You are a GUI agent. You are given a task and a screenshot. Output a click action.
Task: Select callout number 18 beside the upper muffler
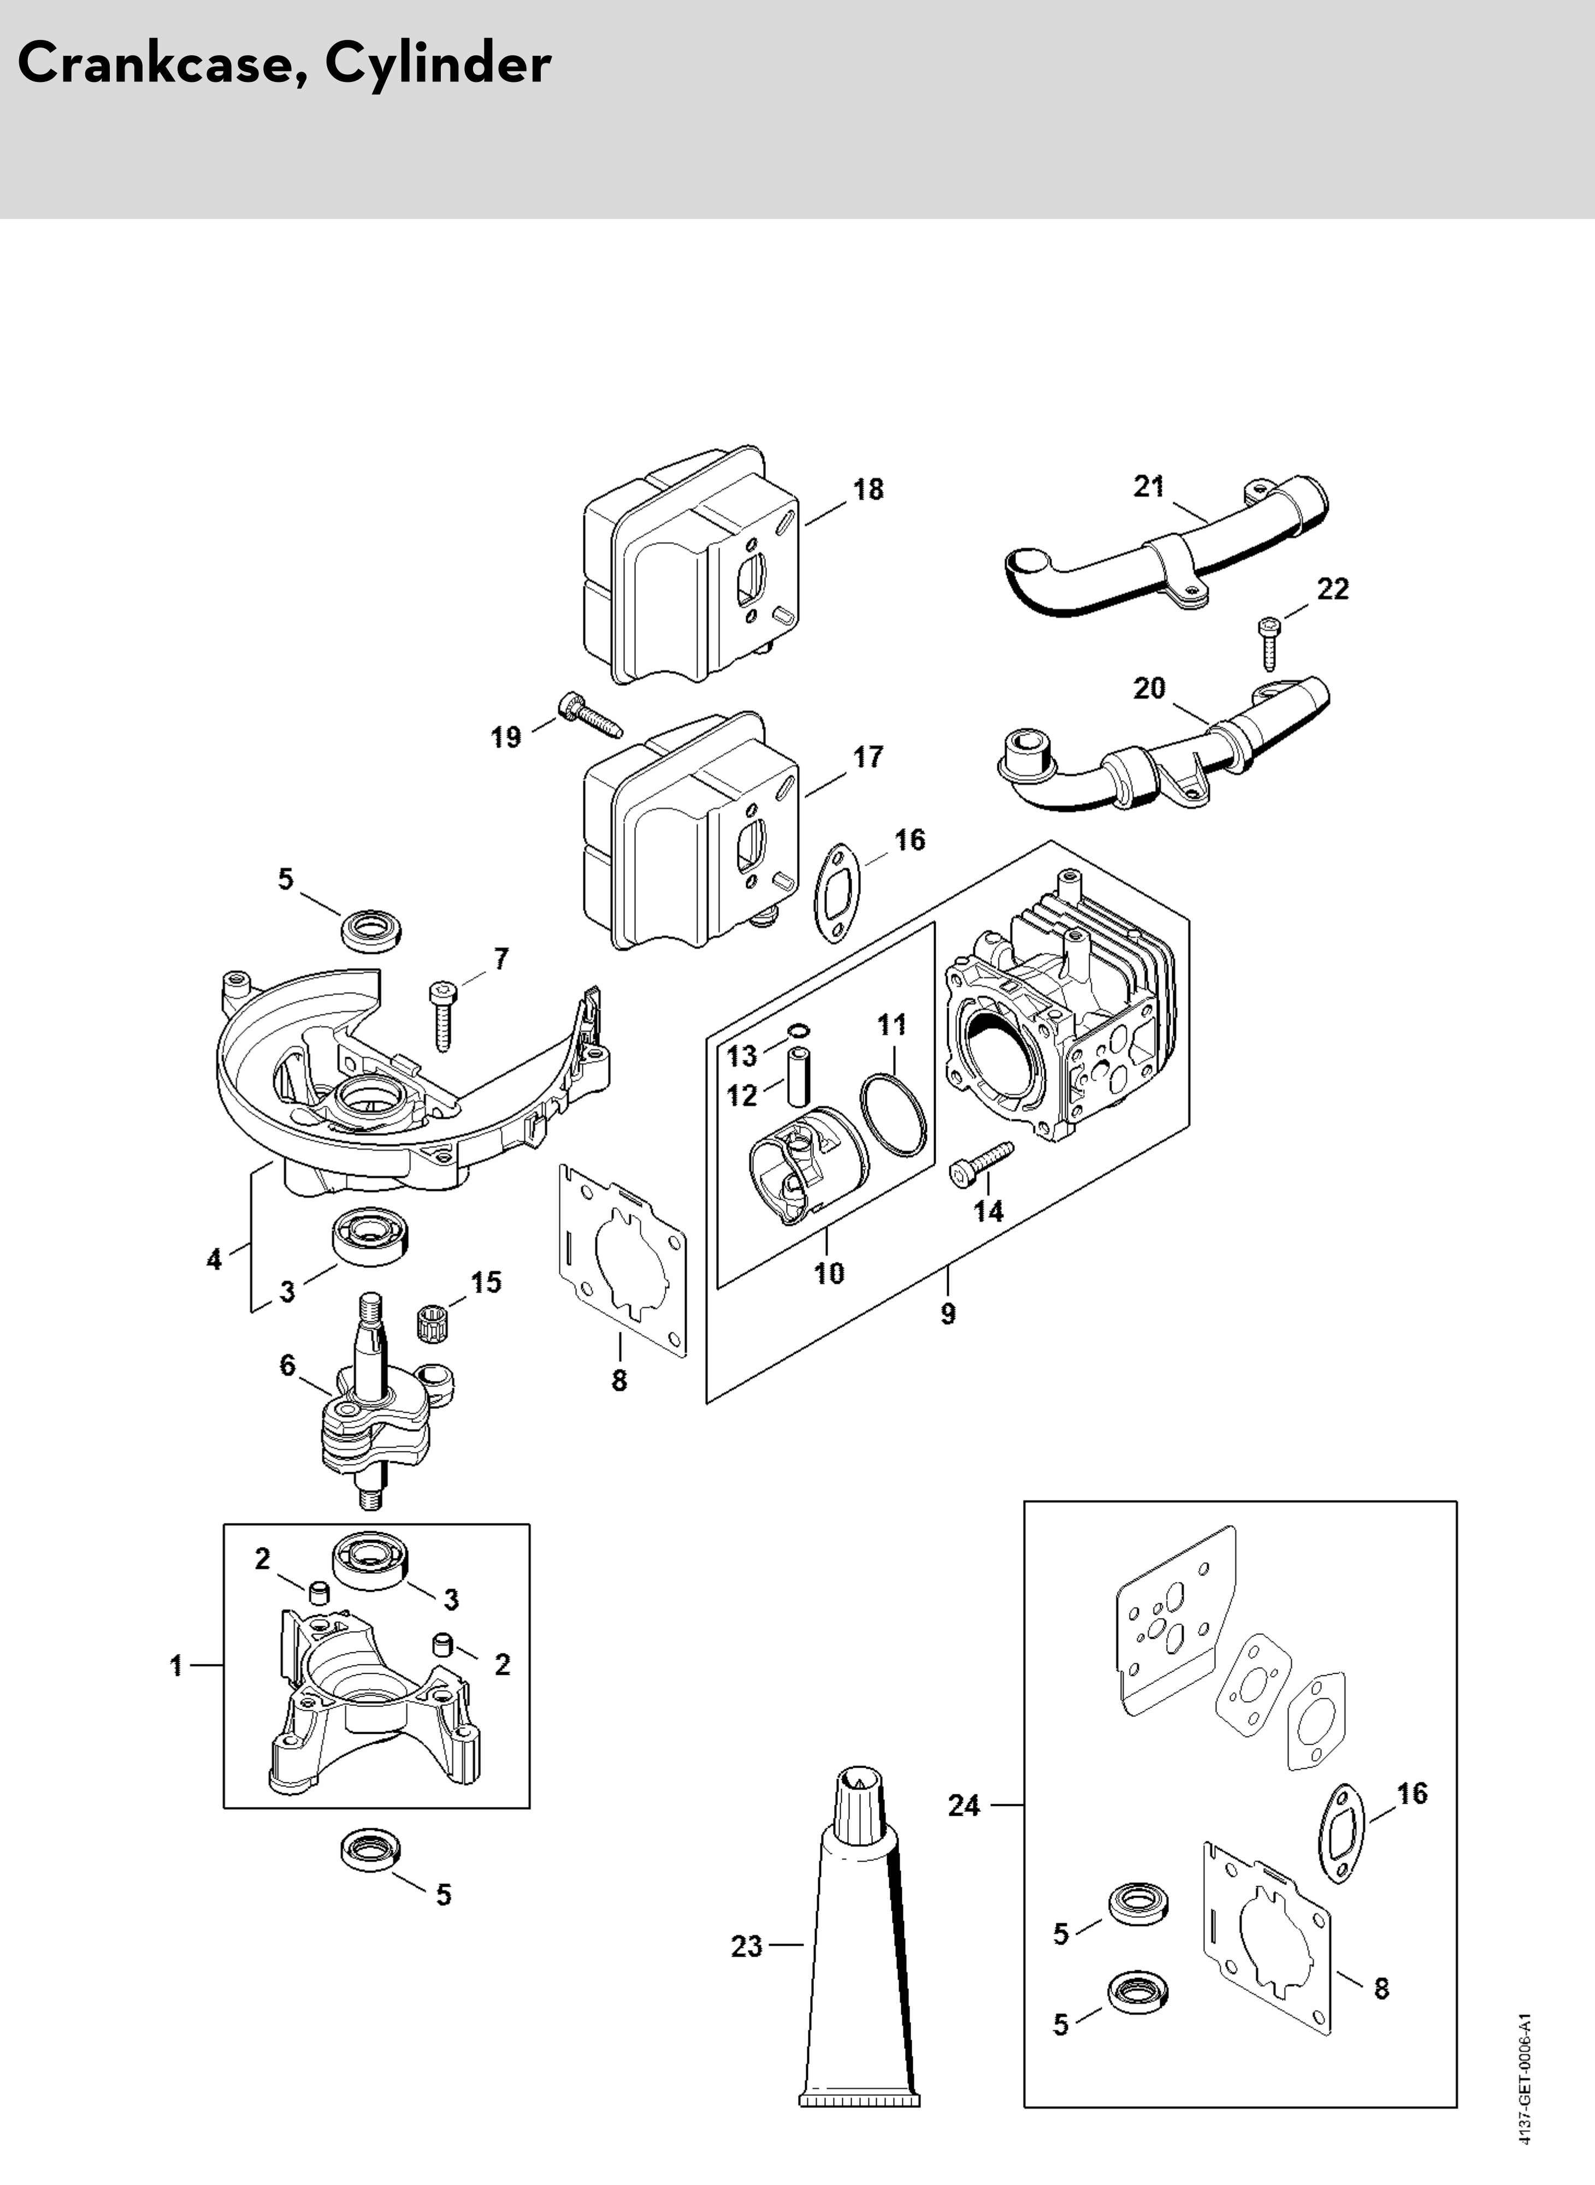tap(868, 489)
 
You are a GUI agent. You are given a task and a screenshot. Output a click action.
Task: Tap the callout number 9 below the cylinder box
tap(948, 1313)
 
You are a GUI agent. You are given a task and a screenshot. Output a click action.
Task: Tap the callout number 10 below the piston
tap(829, 1273)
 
